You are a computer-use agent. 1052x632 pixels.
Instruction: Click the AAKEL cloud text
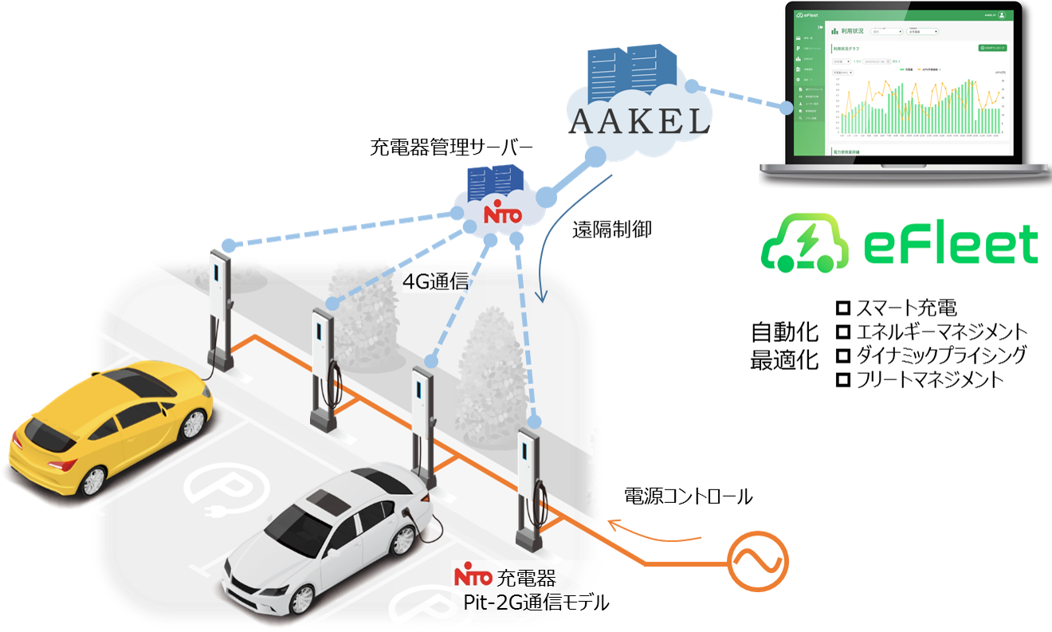click(x=639, y=120)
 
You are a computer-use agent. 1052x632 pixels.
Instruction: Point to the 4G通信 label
click(x=434, y=282)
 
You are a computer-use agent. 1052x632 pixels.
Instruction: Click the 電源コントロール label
click(x=688, y=497)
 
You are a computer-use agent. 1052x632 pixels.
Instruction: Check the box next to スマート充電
click(x=843, y=308)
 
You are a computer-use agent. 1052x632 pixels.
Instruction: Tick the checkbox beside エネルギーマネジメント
click(x=843, y=332)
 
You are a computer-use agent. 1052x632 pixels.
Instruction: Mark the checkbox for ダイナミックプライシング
click(x=843, y=355)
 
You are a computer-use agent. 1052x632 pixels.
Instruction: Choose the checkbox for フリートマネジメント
click(x=843, y=379)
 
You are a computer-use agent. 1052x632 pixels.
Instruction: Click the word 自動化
click(x=784, y=332)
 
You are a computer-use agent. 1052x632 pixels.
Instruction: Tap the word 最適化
click(x=784, y=360)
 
